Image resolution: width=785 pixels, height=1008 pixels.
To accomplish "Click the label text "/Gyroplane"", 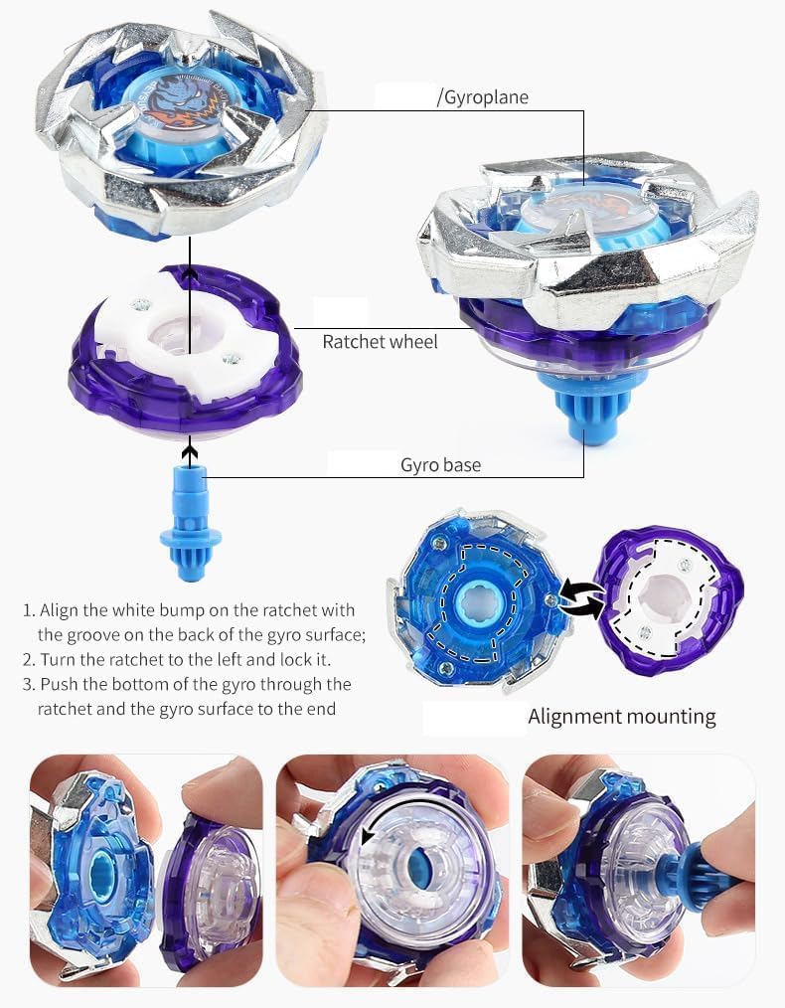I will pos(483,97).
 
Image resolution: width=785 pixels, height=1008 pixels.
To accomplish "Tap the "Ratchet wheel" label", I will pos(380,342).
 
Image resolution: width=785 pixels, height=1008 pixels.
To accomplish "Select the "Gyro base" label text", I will pos(440,465).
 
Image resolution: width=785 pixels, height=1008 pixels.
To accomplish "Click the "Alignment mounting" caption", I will pos(621,717).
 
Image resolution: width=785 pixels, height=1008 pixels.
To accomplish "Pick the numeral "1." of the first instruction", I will pos(29,610).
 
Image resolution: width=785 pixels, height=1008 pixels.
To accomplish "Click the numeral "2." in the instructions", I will pos(29,660).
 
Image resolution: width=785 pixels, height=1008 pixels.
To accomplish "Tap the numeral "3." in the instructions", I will pos(29,685).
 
